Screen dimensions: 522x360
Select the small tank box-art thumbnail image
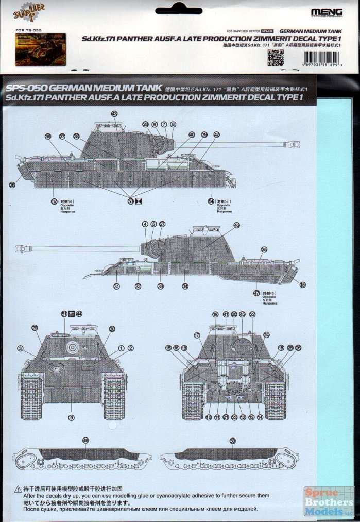(40, 49)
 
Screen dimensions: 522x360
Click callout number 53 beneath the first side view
(130, 201)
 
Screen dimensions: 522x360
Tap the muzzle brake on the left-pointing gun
(22, 249)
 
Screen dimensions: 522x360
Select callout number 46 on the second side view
(236, 225)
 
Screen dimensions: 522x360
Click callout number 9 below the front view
(72, 417)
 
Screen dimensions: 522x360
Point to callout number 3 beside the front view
(20, 349)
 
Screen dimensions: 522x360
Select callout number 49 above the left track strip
(85, 441)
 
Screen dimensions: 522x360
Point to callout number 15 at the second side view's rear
(303, 284)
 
